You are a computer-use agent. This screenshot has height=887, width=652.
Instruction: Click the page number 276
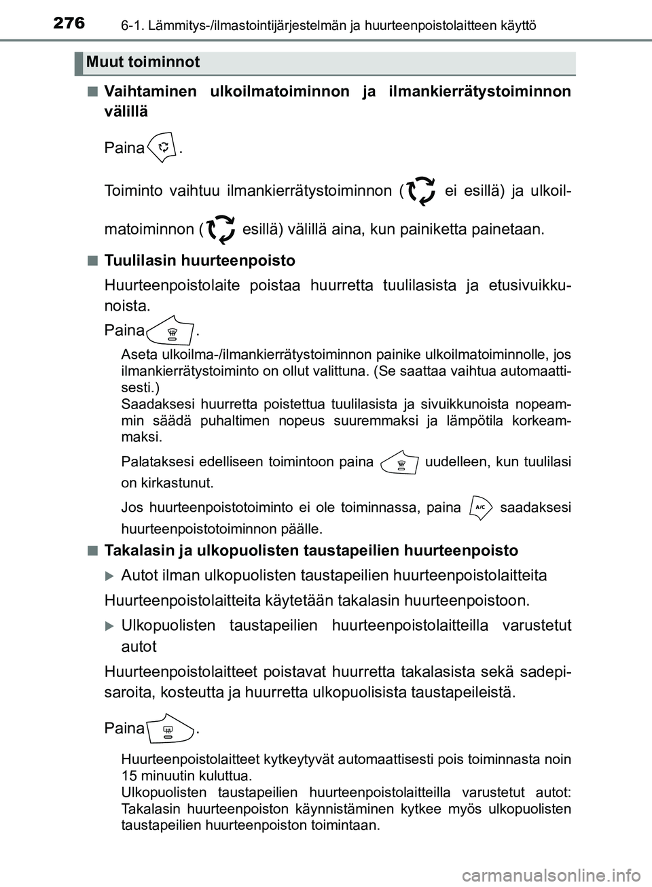point(67,23)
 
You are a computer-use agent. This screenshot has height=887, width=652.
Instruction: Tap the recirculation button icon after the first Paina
point(164,147)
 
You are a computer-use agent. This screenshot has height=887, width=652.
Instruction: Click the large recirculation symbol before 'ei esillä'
point(420,191)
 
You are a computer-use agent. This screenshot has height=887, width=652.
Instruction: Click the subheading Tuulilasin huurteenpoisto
point(200,261)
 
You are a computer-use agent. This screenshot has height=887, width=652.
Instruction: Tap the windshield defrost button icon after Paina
point(171,332)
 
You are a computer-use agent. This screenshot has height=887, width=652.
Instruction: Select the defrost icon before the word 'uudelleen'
point(401,464)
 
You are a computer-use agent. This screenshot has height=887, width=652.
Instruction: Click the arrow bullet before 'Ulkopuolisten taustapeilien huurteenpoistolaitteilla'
point(110,625)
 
